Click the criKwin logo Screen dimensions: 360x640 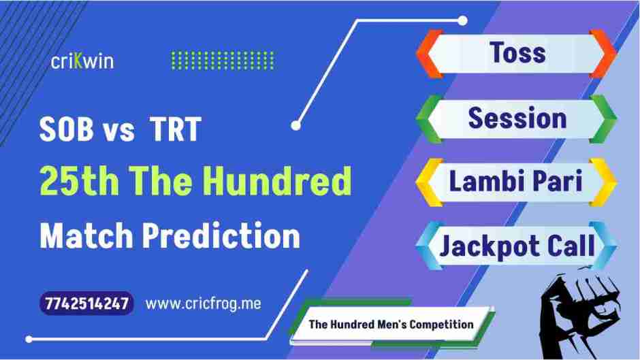82,61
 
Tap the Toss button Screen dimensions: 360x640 516,52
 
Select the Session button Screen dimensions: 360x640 516,118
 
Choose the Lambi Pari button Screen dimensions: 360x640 516,182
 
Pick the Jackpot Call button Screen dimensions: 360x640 516,245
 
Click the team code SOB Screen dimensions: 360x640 66,130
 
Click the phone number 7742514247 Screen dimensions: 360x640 86,304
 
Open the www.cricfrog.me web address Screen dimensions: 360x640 204,304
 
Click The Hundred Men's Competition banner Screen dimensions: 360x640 391,324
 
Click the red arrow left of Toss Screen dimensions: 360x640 428,53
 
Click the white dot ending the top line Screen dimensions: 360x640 463,20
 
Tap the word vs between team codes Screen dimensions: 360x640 119,130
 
